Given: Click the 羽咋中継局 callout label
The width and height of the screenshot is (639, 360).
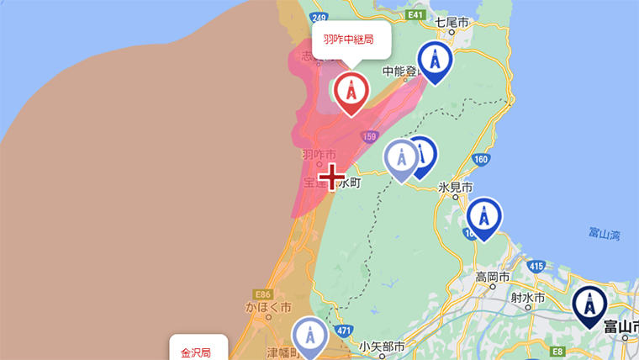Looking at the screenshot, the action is coord(351,39).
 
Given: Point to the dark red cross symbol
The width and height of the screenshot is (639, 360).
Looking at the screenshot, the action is coord(333,177).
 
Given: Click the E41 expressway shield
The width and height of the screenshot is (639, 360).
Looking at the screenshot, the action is coord(415,15).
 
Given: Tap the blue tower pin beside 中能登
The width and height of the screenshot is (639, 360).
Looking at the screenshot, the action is coord(435,61).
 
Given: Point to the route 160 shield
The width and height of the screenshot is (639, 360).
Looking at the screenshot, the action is coord(481,159).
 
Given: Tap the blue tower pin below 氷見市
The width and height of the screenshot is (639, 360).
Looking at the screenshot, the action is coord(483,216).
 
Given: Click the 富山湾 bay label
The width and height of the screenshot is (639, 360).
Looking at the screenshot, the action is coord(605,233).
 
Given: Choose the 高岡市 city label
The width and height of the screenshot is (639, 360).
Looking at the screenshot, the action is coord(493,277).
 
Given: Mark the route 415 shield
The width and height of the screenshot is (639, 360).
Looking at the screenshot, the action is coord(536,267).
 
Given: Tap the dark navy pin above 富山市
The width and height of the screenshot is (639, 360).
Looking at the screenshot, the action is coord(590,305).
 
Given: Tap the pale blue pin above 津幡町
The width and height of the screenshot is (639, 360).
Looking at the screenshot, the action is coord(310,336).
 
